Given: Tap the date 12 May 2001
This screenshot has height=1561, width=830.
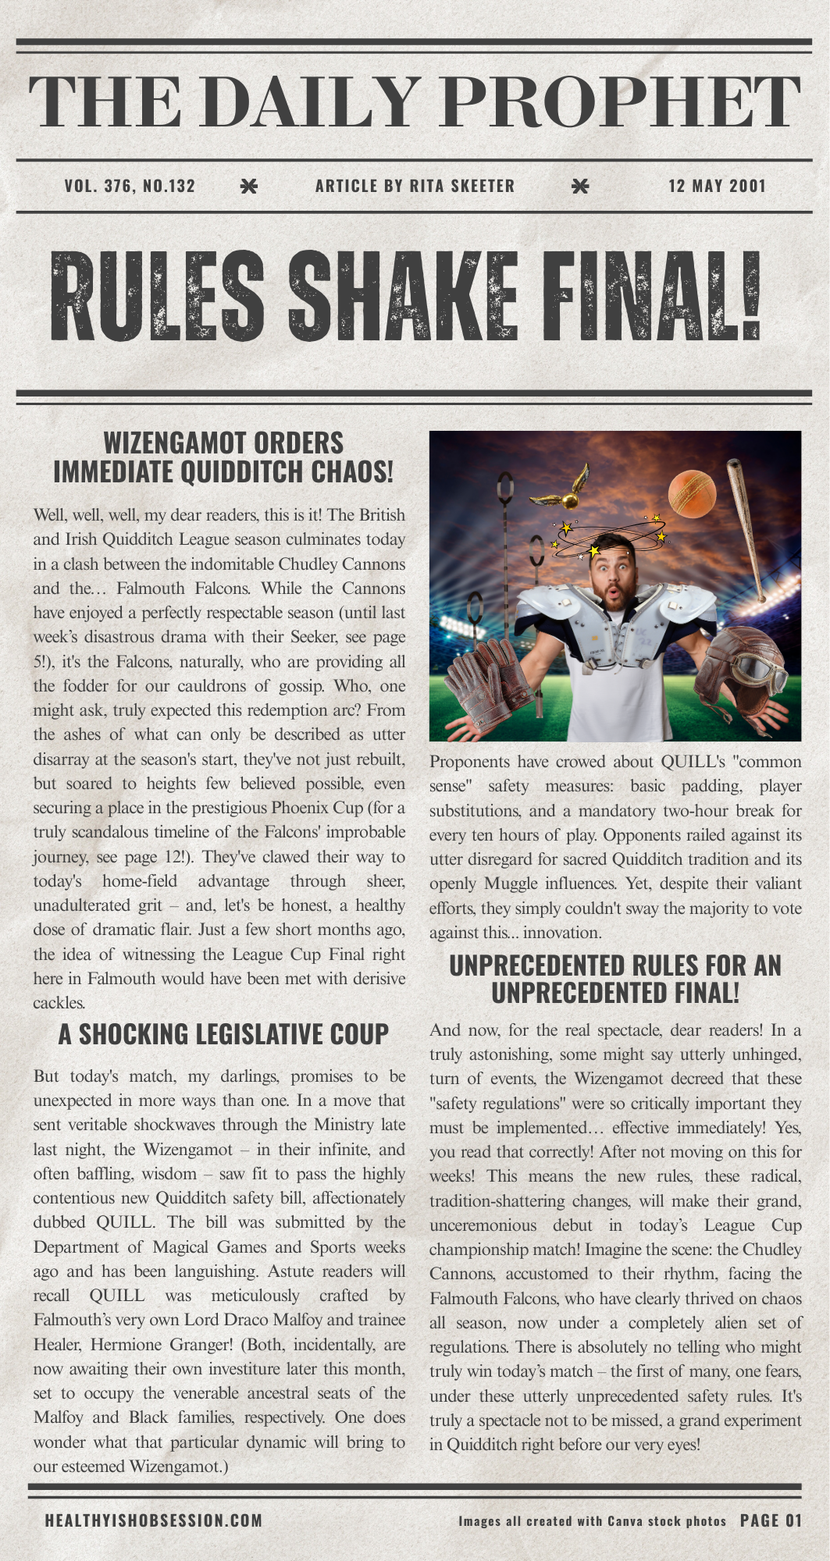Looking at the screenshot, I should [x=717, y=186].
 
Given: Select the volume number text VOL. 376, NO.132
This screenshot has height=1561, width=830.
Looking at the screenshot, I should [x=130, y=186].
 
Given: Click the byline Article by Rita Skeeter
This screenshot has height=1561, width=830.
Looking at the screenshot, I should [x=415, y=186].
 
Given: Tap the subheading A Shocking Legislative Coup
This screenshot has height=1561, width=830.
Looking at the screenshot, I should [x=223, y=1034].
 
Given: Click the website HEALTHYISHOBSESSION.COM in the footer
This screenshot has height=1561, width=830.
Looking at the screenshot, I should [x=154, y=1520].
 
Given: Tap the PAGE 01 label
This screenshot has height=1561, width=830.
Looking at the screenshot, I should [x=771, y=1520].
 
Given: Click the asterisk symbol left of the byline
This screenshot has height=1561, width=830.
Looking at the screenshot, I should [x=248, y=186].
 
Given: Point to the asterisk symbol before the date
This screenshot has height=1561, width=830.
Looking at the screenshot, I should [x=580, y=186].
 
